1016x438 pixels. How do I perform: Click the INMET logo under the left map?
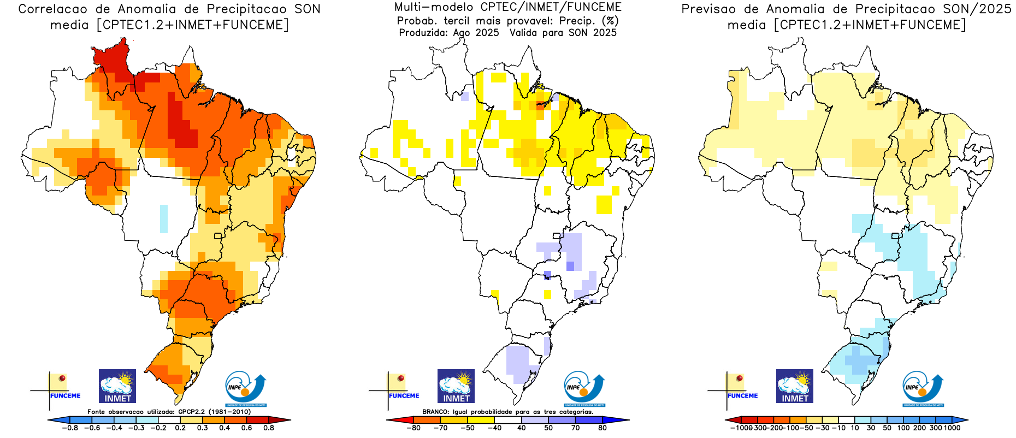click(x=117, y=386)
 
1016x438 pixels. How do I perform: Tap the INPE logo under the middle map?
click(x=584, y=389)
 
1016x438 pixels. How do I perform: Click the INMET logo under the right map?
click(x=794, y=386)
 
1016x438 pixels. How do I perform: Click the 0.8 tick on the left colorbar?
click(x=268, y=428)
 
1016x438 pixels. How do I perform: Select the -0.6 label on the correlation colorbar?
click(x=92, y=428)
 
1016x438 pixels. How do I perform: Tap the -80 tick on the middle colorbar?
click(x=414, y=428)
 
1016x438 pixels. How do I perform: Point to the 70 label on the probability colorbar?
click(x=575, y=428)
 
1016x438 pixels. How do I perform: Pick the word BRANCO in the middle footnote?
click(x=435, y=412)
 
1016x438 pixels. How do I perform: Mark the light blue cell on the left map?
click(x=163, y=218)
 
